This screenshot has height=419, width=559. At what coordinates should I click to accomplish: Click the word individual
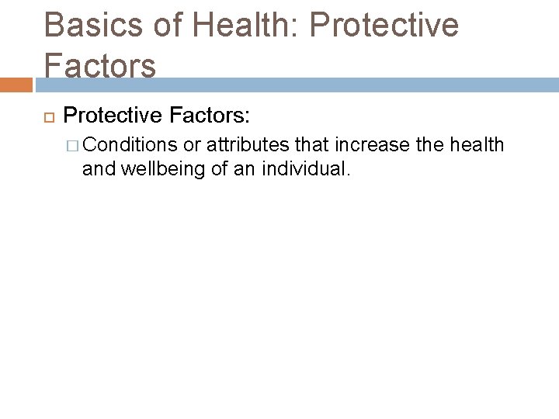coord(309,168)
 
